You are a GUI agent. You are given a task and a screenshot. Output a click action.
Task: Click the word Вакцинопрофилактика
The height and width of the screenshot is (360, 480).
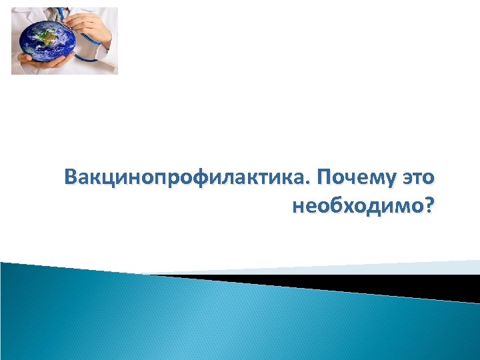coord(187,179)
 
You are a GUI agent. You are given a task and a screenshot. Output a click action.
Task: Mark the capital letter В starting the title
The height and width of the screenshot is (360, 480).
coord(71,179)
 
